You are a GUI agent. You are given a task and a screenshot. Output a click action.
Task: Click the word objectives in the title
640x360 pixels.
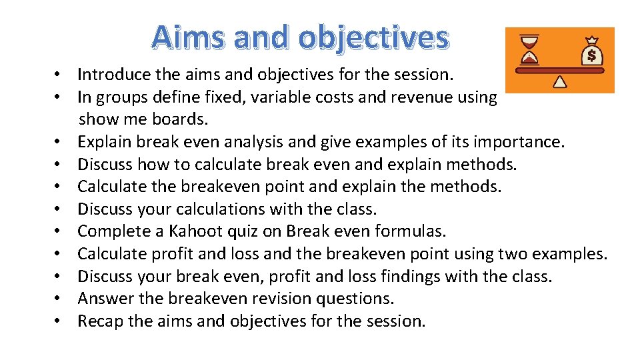[373, 39]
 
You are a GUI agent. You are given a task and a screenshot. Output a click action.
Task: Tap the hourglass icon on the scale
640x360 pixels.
[530, 50]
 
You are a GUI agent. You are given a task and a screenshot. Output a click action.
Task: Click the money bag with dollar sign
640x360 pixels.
[591, 51]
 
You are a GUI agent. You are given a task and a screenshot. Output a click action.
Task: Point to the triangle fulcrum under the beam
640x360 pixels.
[560, 81]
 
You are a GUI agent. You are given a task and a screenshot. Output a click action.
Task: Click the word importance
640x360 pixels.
[517, 142]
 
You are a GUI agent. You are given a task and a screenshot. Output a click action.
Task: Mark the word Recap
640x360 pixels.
[100, 321]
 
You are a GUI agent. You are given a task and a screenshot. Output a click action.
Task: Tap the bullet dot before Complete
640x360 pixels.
[59, 231]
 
